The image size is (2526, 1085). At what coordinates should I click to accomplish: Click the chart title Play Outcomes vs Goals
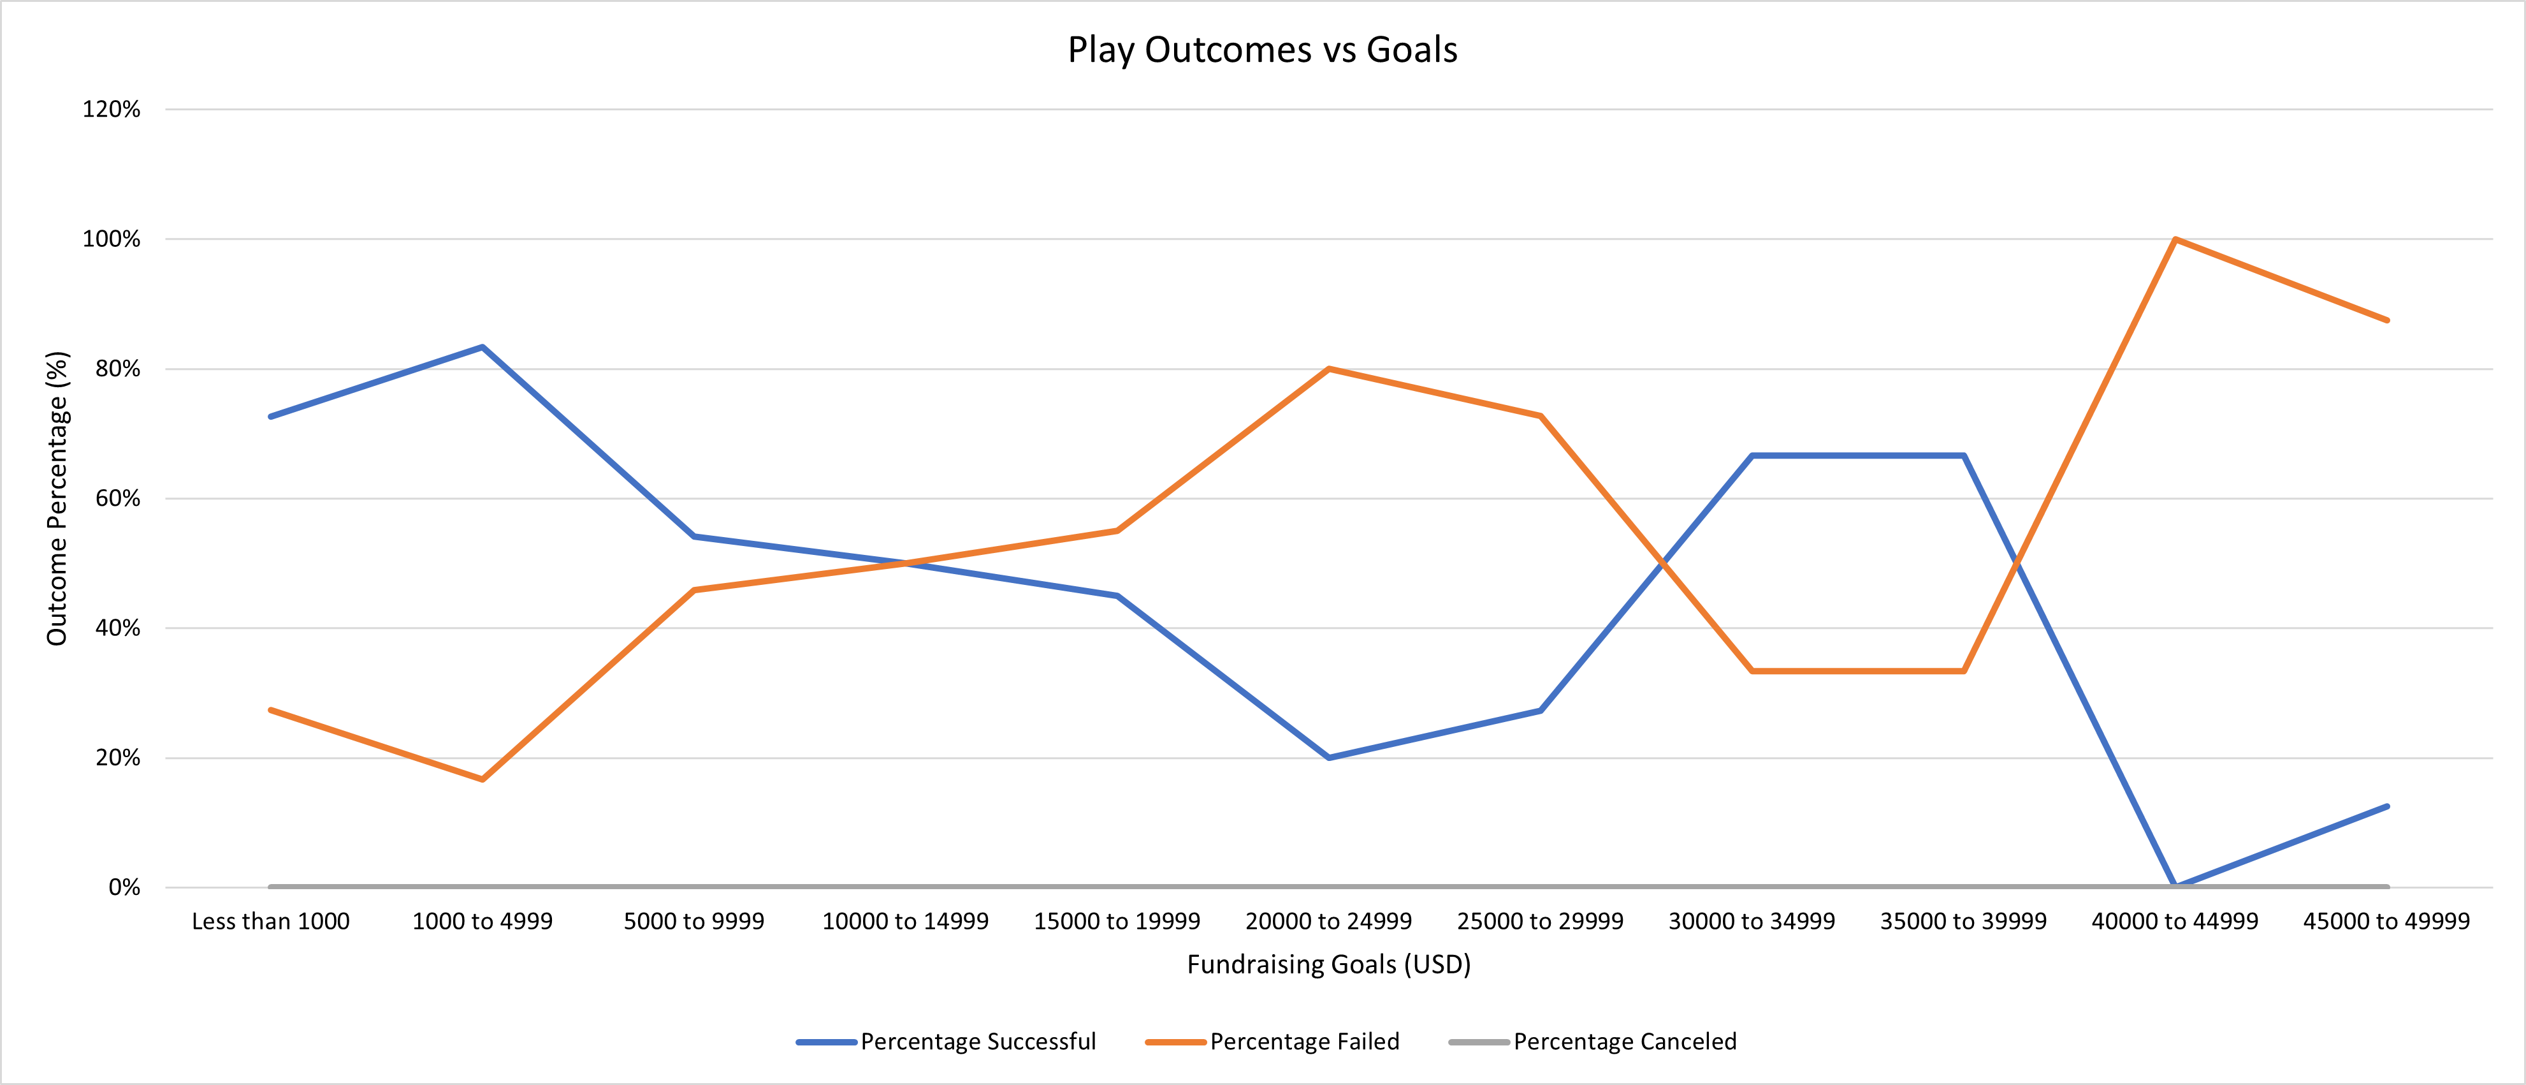tap(1262, 50)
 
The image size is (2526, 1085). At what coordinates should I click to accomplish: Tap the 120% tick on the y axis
tap(111, 110)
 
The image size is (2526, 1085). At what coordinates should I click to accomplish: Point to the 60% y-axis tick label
tap(117, 498)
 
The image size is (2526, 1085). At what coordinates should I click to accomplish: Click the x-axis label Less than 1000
tap(271, 921)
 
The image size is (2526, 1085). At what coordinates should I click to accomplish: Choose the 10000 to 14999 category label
tap(905, 921)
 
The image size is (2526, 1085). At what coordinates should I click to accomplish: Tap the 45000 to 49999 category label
tap(2386, 921)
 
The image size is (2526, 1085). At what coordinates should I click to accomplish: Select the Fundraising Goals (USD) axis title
tap(1329, 964)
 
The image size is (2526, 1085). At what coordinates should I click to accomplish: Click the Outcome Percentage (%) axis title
tap(57, 498)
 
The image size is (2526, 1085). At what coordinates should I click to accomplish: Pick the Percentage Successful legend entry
tap(978, 1041)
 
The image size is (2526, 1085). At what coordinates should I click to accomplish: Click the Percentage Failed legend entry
tap(1304, 1041)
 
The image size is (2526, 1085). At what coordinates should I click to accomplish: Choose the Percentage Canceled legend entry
tap(1624, 1041)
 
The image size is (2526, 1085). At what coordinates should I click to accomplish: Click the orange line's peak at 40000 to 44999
tap(2175, 239)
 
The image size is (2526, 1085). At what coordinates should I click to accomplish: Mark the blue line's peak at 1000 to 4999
tap(483, 346)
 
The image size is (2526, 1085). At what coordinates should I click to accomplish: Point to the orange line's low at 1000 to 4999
tap(483, 779)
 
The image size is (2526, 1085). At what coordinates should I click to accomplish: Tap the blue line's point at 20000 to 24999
tap(1329, 757)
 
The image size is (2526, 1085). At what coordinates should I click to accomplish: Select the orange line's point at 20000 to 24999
tap(1329, 369)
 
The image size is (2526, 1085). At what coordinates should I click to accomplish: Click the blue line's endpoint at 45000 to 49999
tap(2386, 806)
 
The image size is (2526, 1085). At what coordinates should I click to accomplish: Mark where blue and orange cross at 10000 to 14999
tap(905, 563)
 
